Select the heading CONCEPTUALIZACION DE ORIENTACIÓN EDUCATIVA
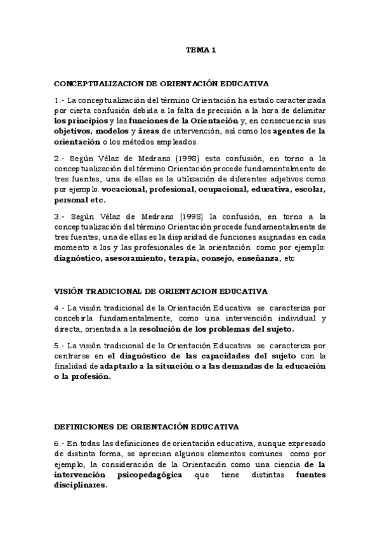pos(161,82)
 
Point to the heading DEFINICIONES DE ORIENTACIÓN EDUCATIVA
pos(145,426)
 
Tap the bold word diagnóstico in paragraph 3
pos(77,258)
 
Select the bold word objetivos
pos(74,131)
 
